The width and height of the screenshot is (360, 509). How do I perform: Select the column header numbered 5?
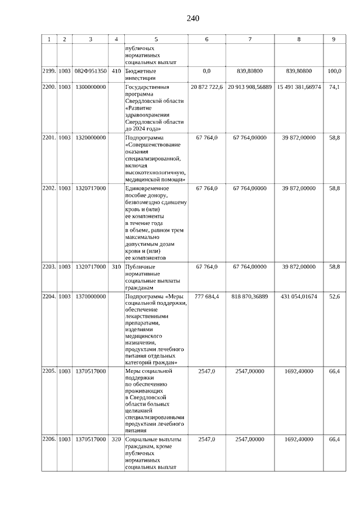tap(156, 39)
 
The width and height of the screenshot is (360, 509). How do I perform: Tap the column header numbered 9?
tap(334, 39)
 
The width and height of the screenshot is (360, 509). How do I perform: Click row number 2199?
tap(49, 71)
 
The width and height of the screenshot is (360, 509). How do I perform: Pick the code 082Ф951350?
tap(91, 71)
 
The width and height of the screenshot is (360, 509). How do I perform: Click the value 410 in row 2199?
tap(116, 71)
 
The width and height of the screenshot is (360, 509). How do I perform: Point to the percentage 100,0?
tap(335, 71)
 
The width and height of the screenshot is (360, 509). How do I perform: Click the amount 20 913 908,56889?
tap(250, 87)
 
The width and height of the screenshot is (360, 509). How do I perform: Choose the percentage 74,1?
tap(335, 87)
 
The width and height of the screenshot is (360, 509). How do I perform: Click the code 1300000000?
tap(90, 87)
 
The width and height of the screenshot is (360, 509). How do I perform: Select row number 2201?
tap(49, 137)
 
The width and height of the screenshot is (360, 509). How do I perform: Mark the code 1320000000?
tap(90, 137)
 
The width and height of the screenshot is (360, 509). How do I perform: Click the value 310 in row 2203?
tap(116, 267)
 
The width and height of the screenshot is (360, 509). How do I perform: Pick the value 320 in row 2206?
tap(116, 439)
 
